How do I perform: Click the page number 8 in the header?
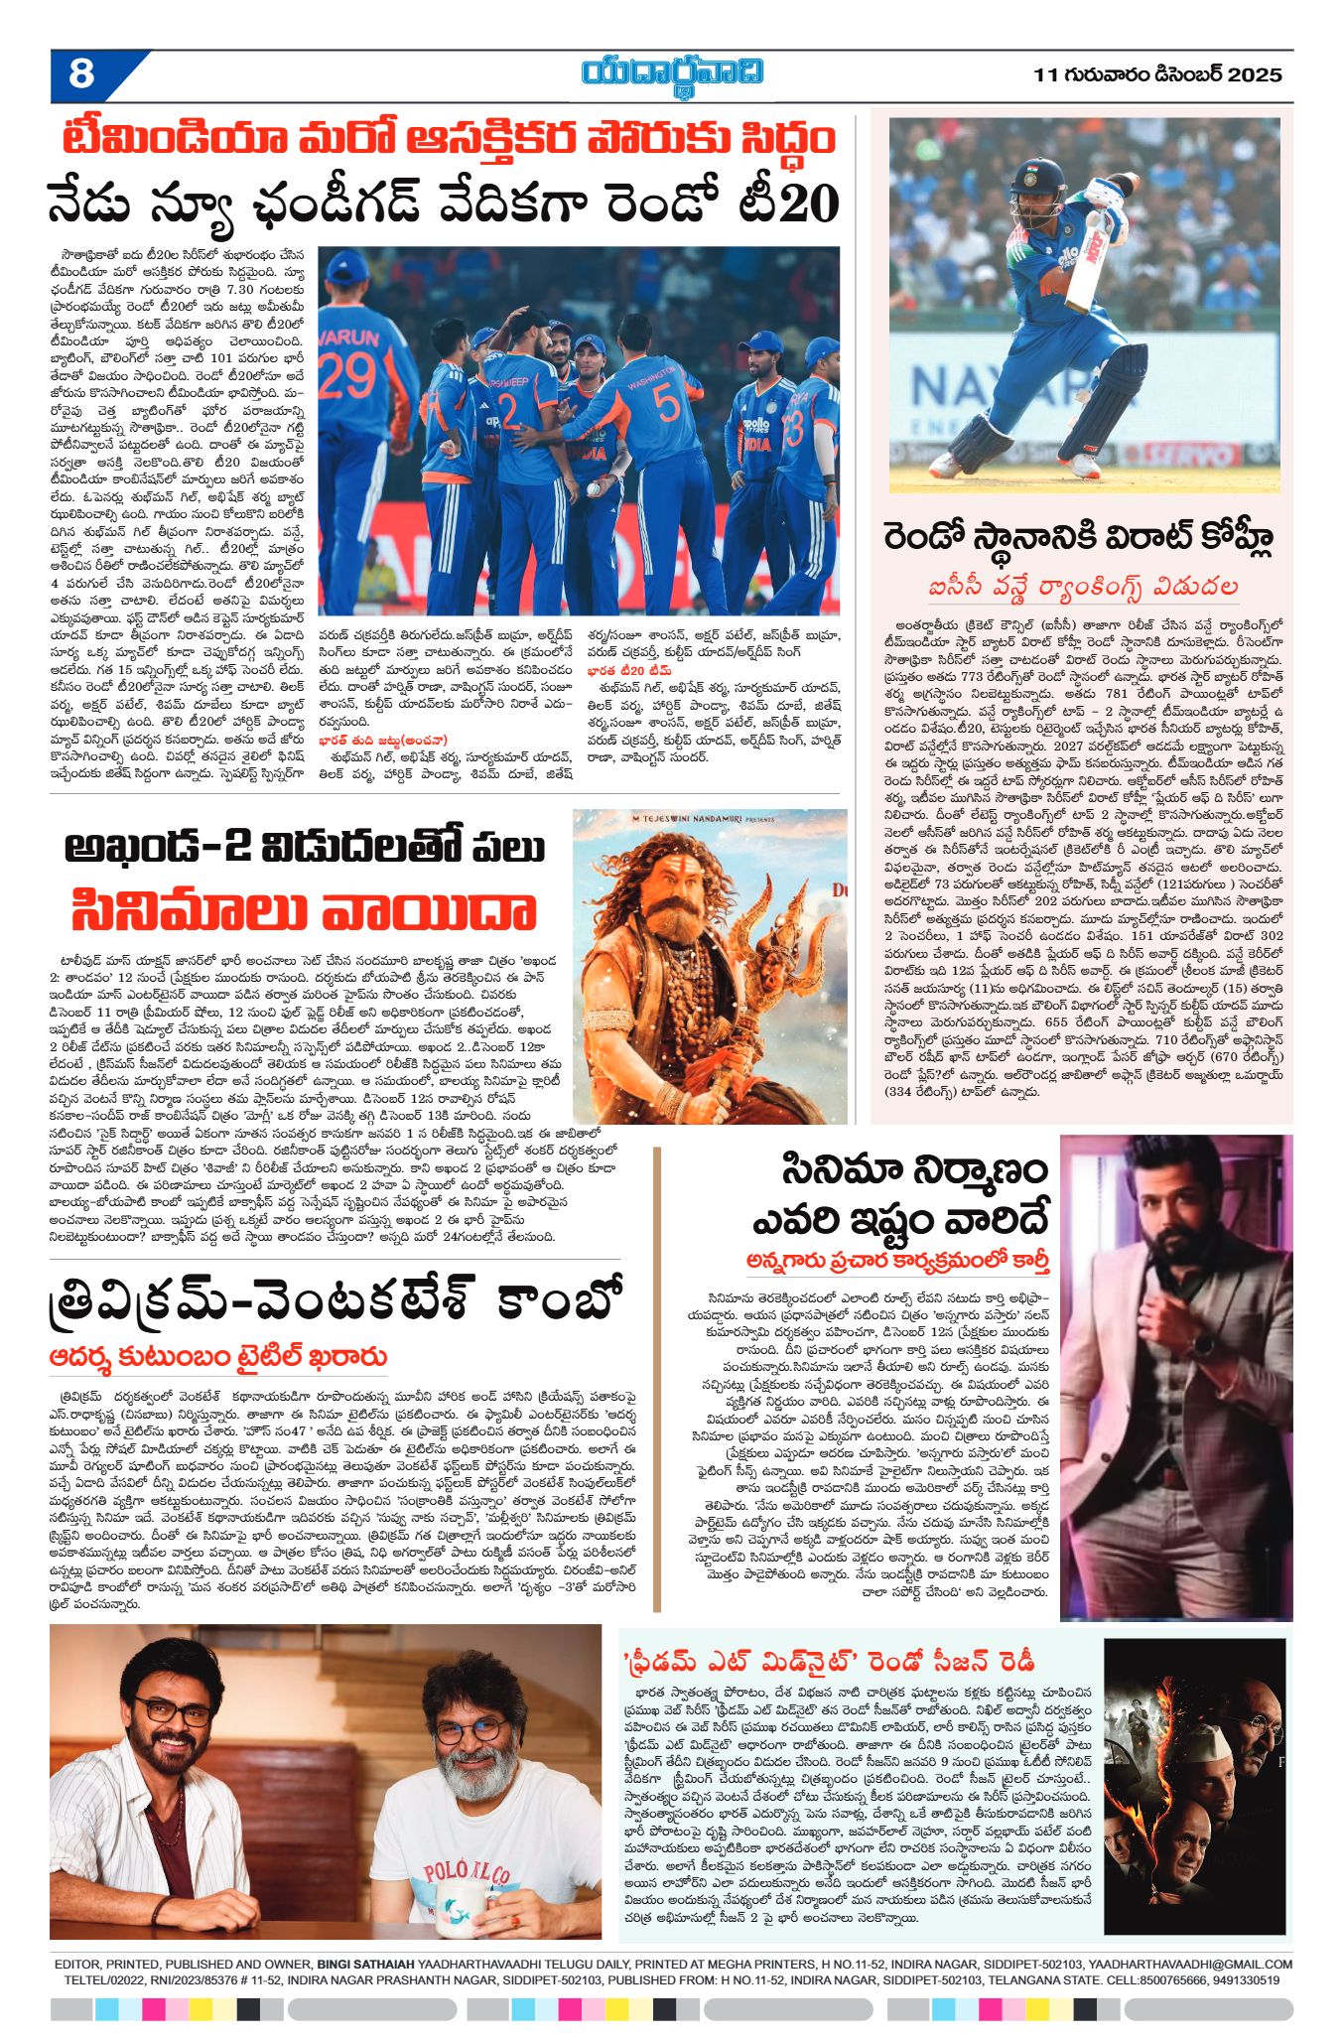point(81,74)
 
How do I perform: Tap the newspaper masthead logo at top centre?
point(673,73)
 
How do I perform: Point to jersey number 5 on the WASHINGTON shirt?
point(666,403)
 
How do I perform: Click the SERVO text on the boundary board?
point(1204,456)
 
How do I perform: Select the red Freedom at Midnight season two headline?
point(829,1661)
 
